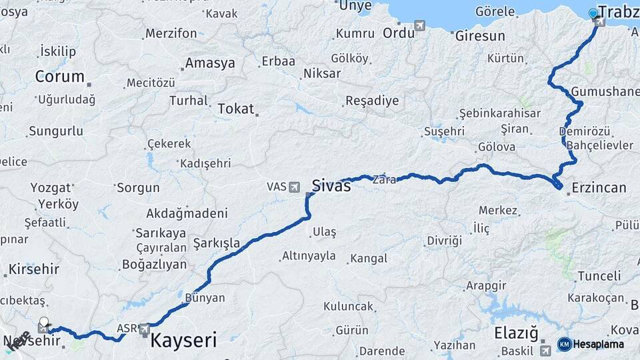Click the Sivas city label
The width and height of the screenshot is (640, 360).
331,185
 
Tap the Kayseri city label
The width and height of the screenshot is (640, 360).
183,341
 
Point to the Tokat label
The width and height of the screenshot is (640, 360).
236,107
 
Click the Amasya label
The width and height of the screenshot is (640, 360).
210,63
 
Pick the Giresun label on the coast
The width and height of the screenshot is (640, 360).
480,36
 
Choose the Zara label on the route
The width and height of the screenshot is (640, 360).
385,179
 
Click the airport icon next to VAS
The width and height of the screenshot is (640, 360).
294,187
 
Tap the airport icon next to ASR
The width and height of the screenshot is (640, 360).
143,329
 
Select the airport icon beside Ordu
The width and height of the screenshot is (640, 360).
420,26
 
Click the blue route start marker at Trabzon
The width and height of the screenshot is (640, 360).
593,13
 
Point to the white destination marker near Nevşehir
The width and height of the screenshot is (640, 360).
44,322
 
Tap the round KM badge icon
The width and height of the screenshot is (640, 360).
564,344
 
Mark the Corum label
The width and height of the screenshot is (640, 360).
60,76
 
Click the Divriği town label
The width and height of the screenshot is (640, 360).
444,240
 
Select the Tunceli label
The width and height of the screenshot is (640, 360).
599,275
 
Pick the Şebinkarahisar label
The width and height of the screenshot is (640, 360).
500,113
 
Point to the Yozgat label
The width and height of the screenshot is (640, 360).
51,187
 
